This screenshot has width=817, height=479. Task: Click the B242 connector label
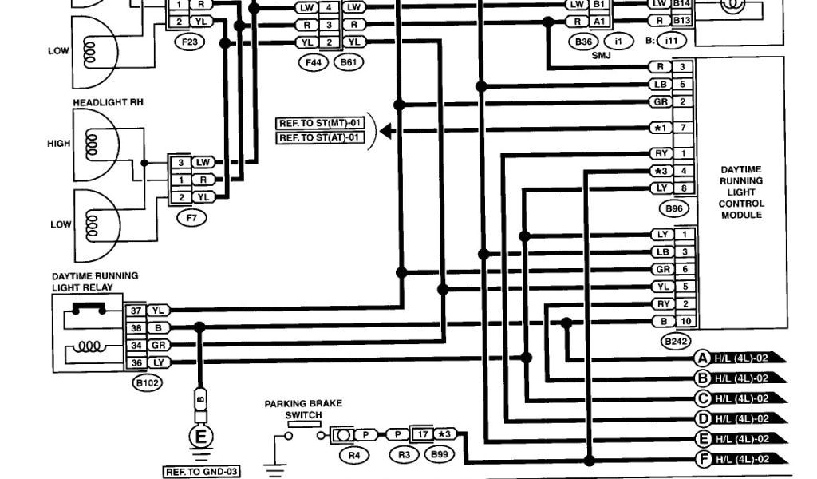675,340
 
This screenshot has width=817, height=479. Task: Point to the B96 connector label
675,209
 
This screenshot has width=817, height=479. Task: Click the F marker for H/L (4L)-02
703,459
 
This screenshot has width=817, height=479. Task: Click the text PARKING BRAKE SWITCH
293,410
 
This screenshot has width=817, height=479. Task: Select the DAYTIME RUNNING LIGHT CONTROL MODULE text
741,192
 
